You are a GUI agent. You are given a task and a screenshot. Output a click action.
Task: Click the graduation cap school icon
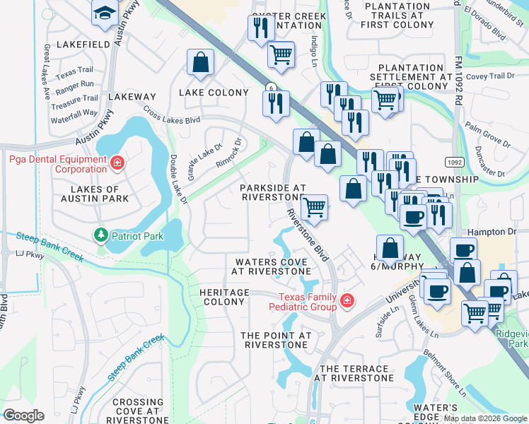105,13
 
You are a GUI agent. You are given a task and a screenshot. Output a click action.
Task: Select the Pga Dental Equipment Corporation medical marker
117,165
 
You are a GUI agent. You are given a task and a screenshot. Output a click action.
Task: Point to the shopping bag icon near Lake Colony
201,62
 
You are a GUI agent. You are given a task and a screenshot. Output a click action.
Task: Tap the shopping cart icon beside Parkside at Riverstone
314,208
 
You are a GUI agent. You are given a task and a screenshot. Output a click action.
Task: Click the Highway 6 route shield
270,87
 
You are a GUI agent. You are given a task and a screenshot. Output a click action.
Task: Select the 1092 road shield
455,161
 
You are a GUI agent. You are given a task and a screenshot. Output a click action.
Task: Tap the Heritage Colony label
224,297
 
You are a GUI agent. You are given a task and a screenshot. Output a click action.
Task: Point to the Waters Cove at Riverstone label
272,266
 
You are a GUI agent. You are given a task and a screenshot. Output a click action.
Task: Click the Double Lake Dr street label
178,180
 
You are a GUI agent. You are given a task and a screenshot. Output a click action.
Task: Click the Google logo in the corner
23,415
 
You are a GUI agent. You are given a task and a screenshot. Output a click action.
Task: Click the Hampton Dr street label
492,231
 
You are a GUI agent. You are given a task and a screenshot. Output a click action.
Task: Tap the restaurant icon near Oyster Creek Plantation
261,28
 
